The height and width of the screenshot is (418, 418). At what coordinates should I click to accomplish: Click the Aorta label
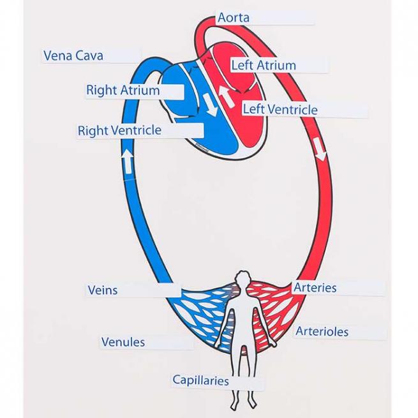click(233, 18)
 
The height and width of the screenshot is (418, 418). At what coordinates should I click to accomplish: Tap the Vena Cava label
click(73, 56)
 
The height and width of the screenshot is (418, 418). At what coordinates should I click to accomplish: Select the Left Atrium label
click(264, 65)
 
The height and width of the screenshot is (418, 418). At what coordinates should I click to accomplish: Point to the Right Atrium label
click(123, 91)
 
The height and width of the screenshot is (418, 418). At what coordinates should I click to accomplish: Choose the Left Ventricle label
click(280, 110)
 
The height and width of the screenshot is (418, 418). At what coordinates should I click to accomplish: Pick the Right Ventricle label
click(119, 131)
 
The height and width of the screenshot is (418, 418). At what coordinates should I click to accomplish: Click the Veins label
click(103, 290)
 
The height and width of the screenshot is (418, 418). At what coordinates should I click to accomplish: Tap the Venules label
click(123, 342)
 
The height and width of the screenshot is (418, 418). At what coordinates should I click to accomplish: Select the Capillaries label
click(200, 380)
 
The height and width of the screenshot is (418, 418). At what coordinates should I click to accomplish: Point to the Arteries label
click(315, 288)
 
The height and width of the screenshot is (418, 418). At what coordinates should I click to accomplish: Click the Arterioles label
click(322, 332)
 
